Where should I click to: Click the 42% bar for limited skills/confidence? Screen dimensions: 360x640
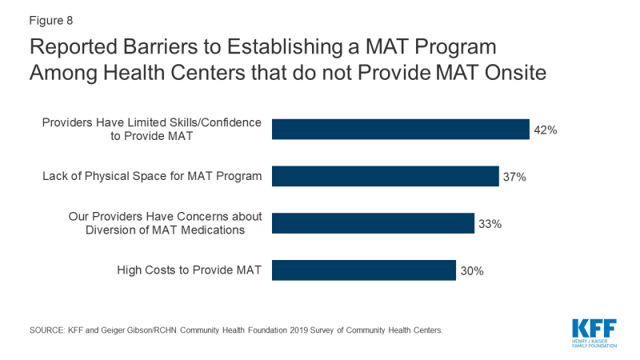[x=400, y=130]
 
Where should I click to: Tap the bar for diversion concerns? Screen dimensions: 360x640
[x=373, y=223]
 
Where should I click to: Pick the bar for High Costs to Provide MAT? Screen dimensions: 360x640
[x=364, y=270]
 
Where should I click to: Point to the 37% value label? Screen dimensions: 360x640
[x=514, y=177]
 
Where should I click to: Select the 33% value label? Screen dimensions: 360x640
[x=490, y=224]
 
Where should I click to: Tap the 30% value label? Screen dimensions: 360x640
[x=471, y=271]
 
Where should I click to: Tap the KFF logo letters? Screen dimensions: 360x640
[x=596, y=328]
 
